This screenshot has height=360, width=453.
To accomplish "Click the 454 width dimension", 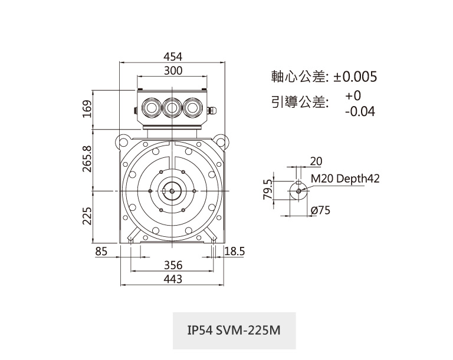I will pos(173,57).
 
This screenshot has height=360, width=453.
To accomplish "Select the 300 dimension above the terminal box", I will pos(173,71).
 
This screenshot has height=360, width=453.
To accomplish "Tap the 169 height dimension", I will pos(87,109).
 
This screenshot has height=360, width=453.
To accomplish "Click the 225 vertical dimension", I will pos(87,216).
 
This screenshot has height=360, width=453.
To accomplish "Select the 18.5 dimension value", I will pos(235,252).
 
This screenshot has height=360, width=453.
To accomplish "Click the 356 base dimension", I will pos(173,266).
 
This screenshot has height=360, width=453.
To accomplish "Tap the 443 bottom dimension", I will pos(173,279).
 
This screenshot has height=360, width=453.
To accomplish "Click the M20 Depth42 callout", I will pos(344,179).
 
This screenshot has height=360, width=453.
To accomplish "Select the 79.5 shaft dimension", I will pos(269,190).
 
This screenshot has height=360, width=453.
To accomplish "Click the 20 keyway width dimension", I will pos(316,161).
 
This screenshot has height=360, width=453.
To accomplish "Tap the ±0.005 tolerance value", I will pos(355,77).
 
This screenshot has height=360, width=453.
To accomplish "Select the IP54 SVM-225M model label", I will pos(234,330).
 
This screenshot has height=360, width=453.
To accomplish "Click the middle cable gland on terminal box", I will pos(172,108).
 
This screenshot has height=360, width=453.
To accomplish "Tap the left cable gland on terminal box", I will pos(151,108).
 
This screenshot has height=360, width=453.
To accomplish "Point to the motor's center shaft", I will pos(173,191).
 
